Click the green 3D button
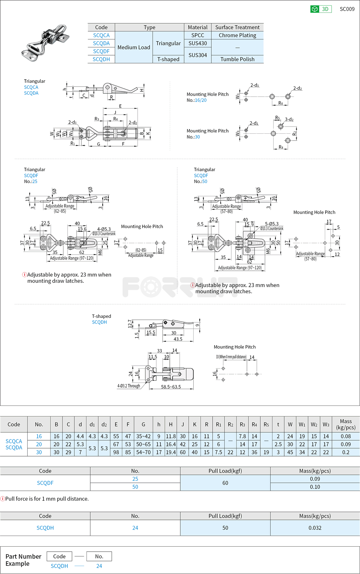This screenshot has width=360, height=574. point(321,9)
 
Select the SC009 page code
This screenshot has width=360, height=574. point(347,9)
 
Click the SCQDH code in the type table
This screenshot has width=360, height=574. point(101,59)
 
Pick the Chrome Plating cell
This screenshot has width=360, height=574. point(237,35)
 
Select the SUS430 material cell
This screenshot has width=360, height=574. point(197,43)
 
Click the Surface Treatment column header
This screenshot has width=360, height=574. point(237,27)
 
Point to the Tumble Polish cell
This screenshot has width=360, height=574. point(237,59)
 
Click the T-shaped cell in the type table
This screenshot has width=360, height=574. point(168,59)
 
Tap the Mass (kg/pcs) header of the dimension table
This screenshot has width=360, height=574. point(346,424)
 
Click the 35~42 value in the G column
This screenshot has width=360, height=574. point(143,436)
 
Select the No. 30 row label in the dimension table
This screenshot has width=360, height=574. point(39,452)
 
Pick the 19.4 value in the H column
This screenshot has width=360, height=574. point(171,452)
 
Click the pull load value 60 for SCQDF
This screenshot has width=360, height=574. point(225,483)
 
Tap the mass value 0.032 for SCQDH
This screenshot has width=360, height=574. point(315,528)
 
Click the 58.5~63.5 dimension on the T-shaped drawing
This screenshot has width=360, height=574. point(171,387)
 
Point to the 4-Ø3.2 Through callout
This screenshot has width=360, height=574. point(128,386)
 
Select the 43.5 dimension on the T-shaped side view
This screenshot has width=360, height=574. point(178,339)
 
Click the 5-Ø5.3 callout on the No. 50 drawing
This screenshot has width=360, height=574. point(272,224)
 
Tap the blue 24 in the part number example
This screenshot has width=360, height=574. point(99,566)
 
